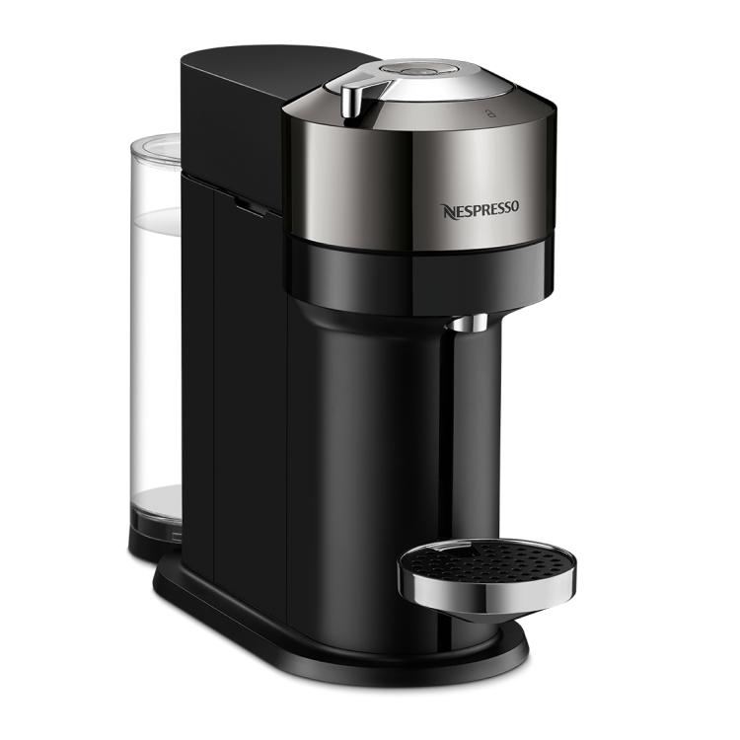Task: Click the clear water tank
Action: click(154, 326)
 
